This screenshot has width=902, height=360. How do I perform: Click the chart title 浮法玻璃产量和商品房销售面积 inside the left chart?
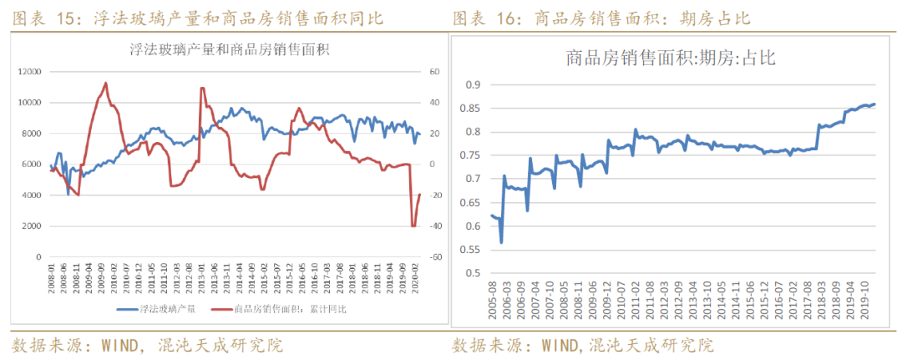[230, 49]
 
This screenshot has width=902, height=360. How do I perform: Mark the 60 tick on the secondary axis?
[434, 72]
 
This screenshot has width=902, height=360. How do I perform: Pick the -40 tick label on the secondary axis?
[436, 226]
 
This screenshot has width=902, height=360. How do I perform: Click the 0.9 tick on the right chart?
[474, 84]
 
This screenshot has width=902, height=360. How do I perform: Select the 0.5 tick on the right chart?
[474, 272]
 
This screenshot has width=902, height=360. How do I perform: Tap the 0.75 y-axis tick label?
[472, 155]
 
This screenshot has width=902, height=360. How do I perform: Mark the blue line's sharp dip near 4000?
[68, 194]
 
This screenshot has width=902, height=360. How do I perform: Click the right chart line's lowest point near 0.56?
[501, 242]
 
